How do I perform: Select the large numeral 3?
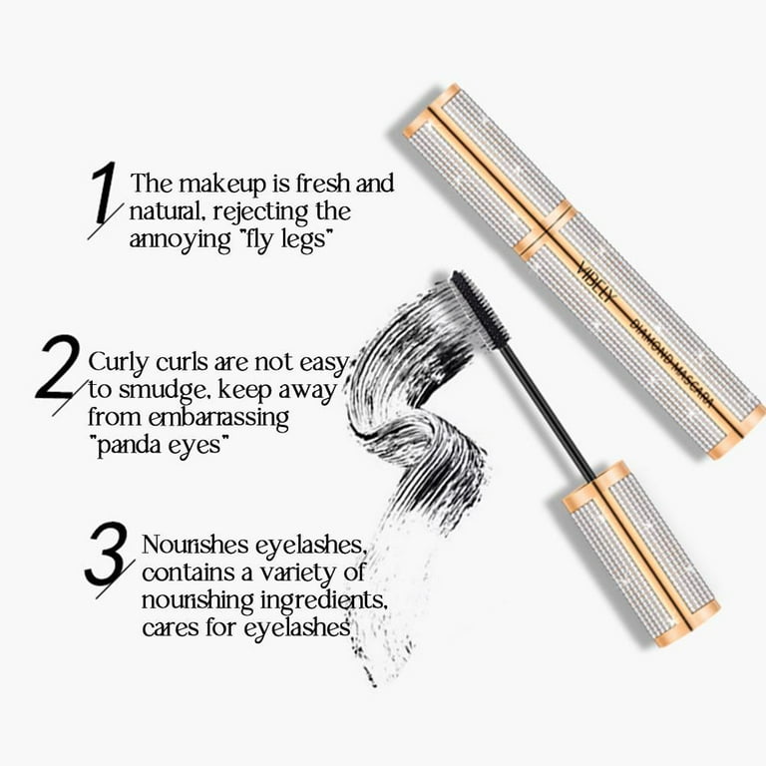(108, 560)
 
